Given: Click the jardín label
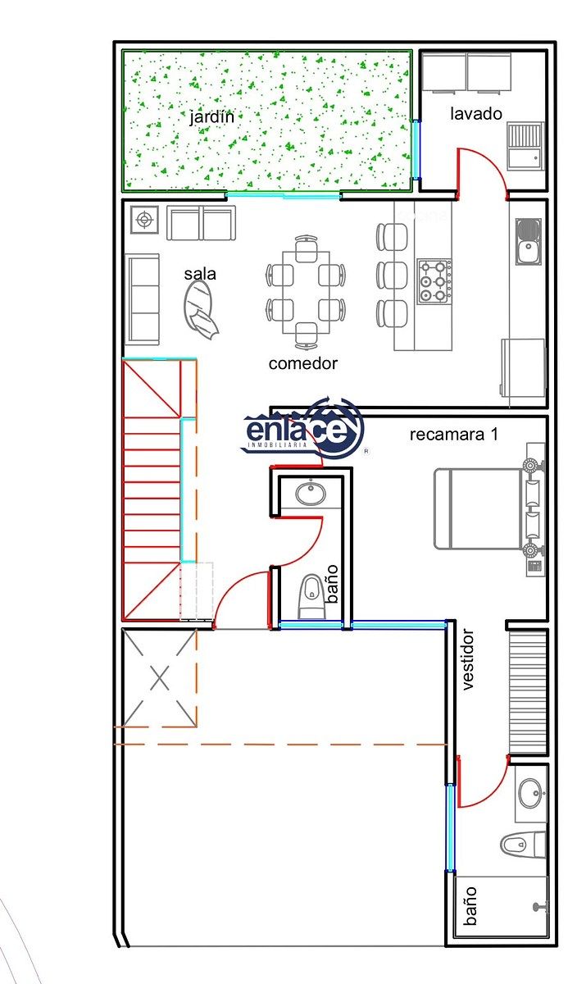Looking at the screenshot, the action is (x=211, y=117).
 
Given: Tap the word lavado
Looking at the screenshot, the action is (x=476, y=114).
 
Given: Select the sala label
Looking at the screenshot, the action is (x=200, y=274).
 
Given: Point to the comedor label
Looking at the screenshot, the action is (x=303, y=363).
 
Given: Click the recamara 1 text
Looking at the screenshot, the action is (x=454, y=435).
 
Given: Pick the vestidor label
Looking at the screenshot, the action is (x=469, y=659).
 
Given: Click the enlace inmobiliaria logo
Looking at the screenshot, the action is (x=303, y=427).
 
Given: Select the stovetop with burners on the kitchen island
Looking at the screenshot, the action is (x=434, y=280).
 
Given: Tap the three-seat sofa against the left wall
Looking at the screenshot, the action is (x=143, y=299).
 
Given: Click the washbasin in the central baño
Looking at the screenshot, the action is (x=311, y=494).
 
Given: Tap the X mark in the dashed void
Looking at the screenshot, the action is (x=160, y=677).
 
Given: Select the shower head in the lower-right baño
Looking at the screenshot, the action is (x=541, y=906).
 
